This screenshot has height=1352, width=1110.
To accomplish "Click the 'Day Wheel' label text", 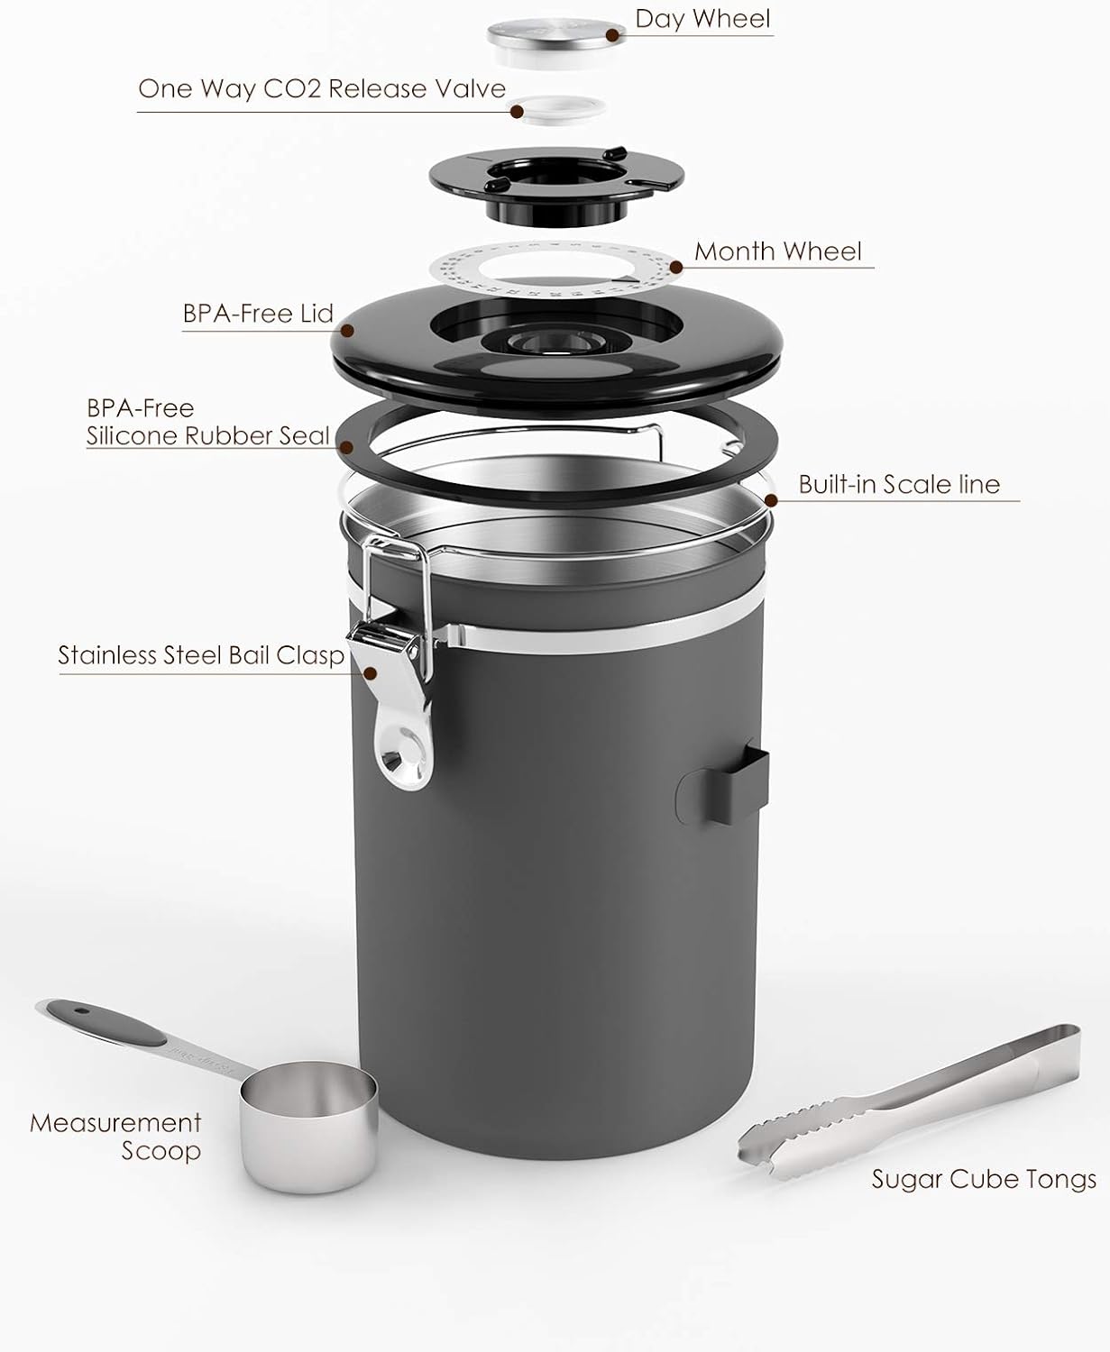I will click(702, 19).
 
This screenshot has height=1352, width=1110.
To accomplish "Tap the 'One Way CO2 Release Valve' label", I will click(321, 89).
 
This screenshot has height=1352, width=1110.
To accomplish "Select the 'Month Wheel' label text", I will click(777, 251).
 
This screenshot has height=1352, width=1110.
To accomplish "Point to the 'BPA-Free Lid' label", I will click(258, 314).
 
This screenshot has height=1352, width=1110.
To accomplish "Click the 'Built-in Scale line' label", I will click(899, 485).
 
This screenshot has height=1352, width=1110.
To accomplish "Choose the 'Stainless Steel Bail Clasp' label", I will click(201, 655).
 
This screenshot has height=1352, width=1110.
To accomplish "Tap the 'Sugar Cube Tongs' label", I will click(983, 1179).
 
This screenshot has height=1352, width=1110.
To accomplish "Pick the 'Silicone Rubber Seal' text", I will click(207, 436).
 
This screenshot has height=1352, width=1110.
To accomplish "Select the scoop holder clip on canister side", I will click(722, 783).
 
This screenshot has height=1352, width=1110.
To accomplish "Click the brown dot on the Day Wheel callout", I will click(613, 35).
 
